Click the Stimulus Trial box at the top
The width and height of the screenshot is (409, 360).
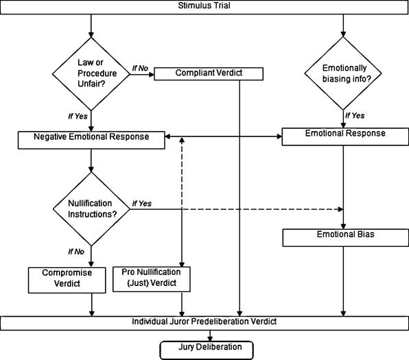(x=204, y=7)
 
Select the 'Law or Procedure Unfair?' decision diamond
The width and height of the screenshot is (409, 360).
(x=91, y=73)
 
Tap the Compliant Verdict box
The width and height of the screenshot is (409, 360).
(x=199, y=73)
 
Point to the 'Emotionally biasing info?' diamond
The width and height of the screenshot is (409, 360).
(x=342, y=73)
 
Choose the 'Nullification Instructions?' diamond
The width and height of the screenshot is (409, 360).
(x=91, y=208)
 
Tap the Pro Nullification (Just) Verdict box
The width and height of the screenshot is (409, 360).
(x=150, y=278)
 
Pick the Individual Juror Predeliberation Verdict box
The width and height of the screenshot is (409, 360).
(x=204, y=322)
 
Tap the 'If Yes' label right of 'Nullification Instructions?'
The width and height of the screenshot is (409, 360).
(x=141, y=204)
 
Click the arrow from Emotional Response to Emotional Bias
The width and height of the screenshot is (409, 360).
(x=342, y=185)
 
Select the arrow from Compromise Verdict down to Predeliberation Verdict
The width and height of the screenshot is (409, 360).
(x=91, y=303)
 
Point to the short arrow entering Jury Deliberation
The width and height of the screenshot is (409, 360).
(x=210, y=334)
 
